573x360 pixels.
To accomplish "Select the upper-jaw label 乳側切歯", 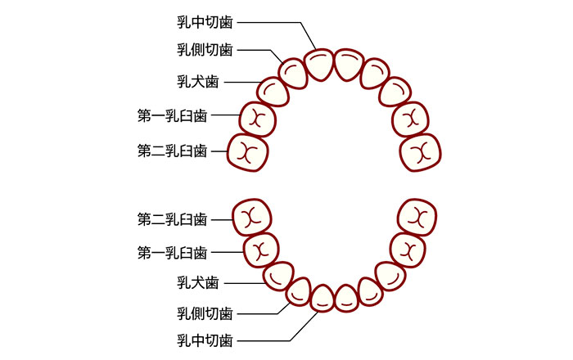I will pyautogui.click(x=205, y=50).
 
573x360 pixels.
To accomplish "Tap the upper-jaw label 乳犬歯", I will pyautogui.click(x=197, y=82).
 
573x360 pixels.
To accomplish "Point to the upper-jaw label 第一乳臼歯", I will pyautogui.click(x=172, y=116).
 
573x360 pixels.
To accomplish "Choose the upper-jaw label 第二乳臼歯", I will pyautogui.click(x=172, y=151).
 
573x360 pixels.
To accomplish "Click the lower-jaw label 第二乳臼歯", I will pyautogui.click(x=172, y=219).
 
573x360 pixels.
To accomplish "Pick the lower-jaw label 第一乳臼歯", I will pyautogui.click(x=172, y=251).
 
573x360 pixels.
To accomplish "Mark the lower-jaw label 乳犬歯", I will pyautogui.click(x=197, y=283).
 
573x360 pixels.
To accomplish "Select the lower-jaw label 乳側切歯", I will pyautogui.click(x=205, y=313).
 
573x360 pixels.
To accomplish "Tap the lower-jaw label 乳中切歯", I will pyautogui.click(x=205, y=340).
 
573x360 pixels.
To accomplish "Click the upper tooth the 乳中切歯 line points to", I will pyautogui.click(x=318, y=65).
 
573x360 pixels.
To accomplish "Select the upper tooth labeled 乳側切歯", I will pyautogui.click(x=293, y=72).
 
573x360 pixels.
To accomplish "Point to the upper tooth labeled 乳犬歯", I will pyautogui.click(x=273, y=91).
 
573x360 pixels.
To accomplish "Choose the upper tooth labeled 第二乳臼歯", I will pyautogui.click(x=248, y=151).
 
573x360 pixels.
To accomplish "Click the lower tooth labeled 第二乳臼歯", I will pyautogui.click(x=251, y=218).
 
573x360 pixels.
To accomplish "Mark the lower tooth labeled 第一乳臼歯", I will pyautogui.click(x=261, y=248).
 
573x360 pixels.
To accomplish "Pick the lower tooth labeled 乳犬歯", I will pyautogui.click(x=279, y=275).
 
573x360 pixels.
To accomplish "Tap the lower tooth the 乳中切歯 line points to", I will pyautogui.click(x=323, y=299).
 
